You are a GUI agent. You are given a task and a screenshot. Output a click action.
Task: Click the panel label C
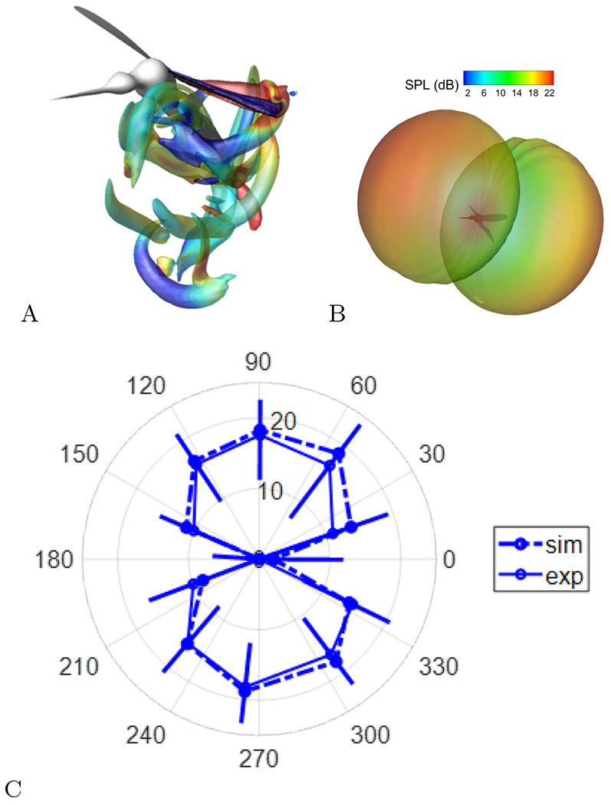click(x=13, y=787)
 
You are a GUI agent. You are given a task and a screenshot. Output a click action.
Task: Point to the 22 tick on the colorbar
click(x=549, y=92)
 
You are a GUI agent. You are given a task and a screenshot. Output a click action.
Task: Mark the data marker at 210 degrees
click(x=186, y=646)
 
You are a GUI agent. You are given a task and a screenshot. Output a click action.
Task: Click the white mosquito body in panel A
click(x=146, y=74)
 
